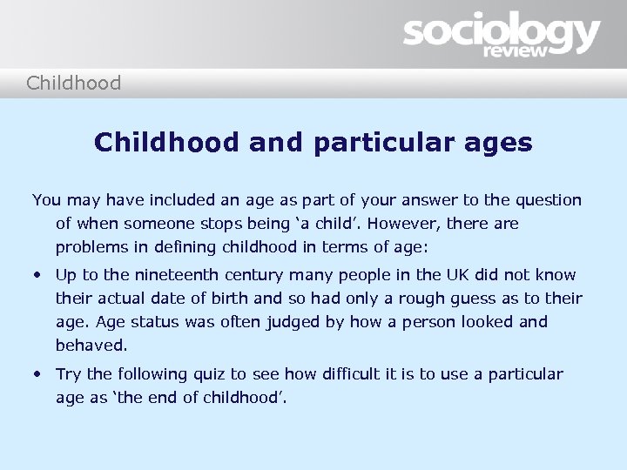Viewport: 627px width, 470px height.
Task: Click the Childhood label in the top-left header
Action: (74, 84)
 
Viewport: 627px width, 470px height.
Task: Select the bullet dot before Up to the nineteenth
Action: (38, 275)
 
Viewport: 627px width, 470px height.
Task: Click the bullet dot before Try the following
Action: (38, 374)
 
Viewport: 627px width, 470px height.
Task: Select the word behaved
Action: (91, 346)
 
